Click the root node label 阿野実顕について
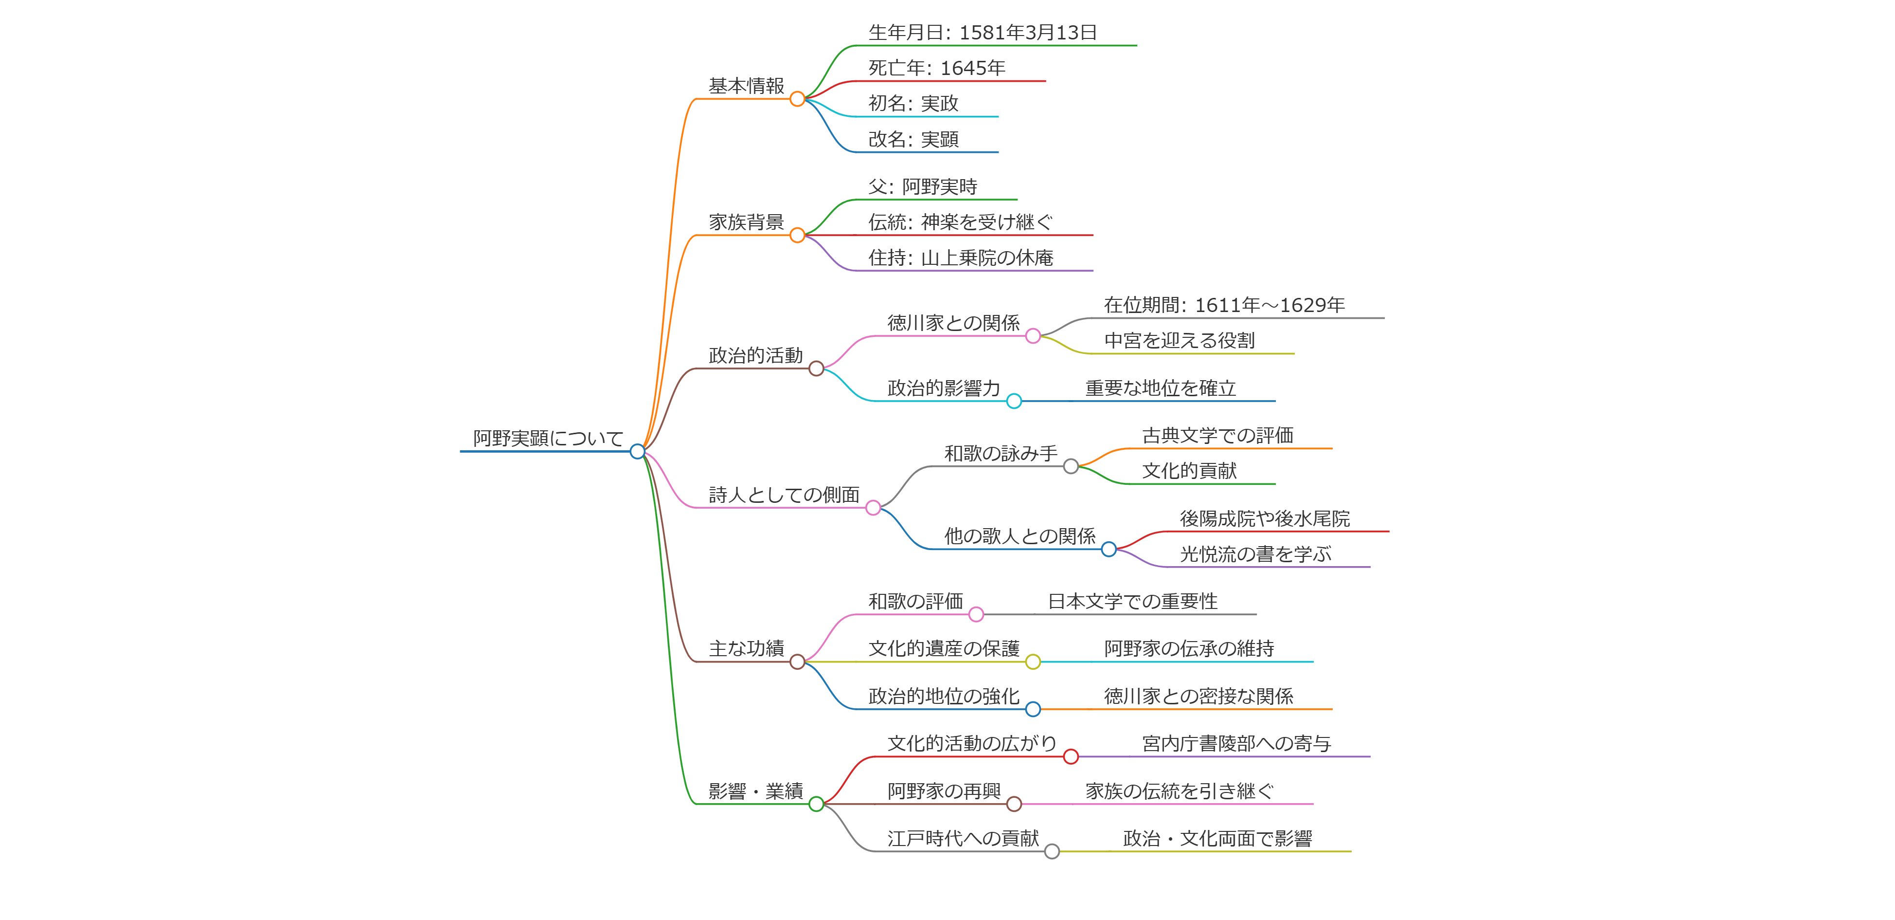[548, 439]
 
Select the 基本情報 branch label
[746, 86]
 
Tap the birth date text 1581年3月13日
[1028, 33]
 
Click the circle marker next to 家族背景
[797, 236]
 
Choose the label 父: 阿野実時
[923, 187]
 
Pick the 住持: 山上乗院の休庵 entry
[960, 258]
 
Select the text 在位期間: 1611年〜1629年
[1224, 305]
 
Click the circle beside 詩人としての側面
[873, 508]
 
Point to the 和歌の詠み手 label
[1001, 453]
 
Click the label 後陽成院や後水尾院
[1265, 519]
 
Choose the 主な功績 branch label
[746, 648]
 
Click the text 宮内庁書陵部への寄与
[1236, 743]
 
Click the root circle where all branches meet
[638, 451]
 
